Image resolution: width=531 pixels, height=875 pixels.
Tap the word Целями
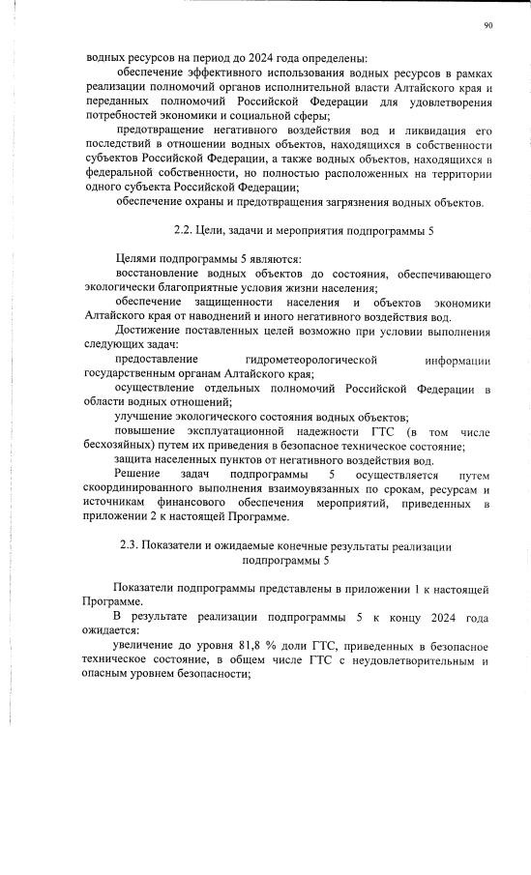point(138,260)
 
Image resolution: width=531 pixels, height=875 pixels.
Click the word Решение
point(138,475)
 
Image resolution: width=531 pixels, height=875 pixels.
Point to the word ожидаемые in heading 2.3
point(239,546)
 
